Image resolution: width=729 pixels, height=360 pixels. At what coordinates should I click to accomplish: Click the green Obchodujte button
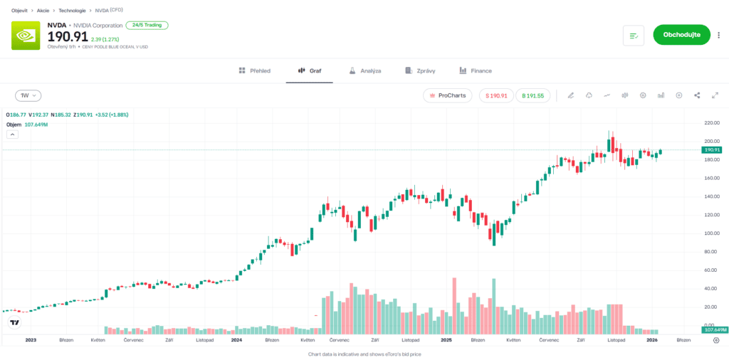click(x=681, y=35)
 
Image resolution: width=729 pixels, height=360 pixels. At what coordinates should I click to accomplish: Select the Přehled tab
click(x=254, y=71)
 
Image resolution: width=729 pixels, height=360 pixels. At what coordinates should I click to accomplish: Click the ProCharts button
click(x=447, y=95)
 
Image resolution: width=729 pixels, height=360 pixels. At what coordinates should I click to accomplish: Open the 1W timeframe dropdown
click(x=28, y=95)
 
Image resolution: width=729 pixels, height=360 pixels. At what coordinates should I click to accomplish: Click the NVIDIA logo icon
click(x=26, y=36)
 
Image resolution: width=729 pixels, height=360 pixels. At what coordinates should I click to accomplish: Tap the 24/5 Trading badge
click(x=147, y=25)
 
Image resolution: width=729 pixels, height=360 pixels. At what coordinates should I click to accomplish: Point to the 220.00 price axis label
click(x=712, y=122)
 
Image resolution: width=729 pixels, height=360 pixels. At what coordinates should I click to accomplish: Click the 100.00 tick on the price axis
click(x=712, y=233)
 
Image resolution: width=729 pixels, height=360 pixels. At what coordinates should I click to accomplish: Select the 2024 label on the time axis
click(x=237, y=340)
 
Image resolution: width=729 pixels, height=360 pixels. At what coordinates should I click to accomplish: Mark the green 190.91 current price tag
click(x=712, y=150)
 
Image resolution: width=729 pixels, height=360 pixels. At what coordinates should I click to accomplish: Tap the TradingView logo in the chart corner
click(x=14, y=324)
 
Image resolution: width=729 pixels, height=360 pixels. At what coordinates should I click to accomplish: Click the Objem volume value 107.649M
click(x=36, y=125)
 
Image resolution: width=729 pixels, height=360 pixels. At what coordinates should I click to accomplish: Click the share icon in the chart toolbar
click(x=697, y=95)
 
